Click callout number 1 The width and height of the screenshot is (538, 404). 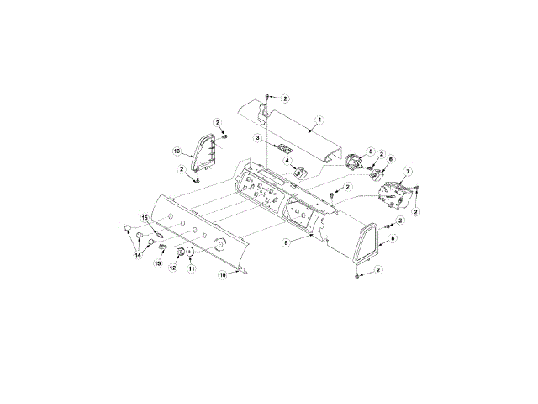click(319, 120)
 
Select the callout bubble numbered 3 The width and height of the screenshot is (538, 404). click(256, 137)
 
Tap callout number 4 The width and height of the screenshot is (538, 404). click(287, 162)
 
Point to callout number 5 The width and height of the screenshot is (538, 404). click(370, 151)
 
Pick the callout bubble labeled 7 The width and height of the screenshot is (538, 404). click(409, 172)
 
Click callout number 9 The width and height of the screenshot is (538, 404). click(287, 242)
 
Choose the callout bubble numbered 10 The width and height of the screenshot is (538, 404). click(223, 274)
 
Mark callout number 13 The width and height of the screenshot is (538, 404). click(156, 263)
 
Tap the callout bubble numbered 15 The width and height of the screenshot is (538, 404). click(144, 218)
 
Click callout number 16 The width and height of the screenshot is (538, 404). click(177, 151)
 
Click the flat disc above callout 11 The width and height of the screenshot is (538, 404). click(191, 252)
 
